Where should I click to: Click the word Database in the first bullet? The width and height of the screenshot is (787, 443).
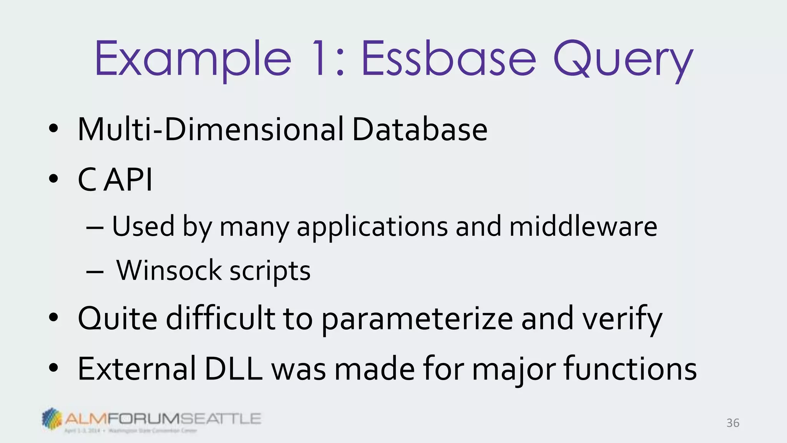[420, 130]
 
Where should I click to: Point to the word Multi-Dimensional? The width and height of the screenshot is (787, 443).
[211, 130]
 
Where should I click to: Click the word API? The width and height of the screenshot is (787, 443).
[128, 180]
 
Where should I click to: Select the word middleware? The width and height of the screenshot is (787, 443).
[583, 226]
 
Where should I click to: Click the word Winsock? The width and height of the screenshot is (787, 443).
[169, 270]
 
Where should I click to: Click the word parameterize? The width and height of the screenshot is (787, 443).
[417, 319]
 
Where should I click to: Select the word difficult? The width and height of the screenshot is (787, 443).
[220, 318]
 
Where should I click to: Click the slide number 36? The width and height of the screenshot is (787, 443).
[732, 423]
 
